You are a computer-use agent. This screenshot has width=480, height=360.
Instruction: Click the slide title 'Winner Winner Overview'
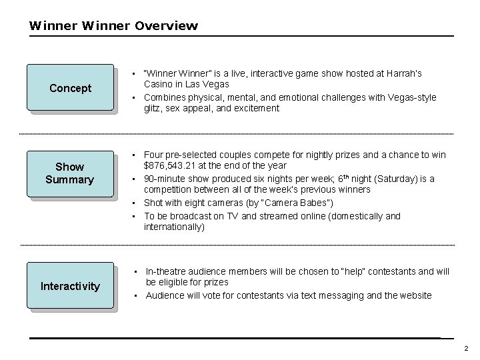click(113, 26)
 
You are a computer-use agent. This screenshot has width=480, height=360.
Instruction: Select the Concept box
click(70, 88)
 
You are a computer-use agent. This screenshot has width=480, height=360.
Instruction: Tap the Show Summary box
click(70, 173)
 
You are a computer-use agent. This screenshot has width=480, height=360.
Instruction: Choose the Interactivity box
click(70, 286)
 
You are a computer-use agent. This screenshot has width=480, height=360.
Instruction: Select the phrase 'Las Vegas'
click(208, 84)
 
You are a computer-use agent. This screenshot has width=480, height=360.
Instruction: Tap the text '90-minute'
click(165, 179)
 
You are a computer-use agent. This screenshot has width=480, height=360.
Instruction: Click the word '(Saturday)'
click(395, 179)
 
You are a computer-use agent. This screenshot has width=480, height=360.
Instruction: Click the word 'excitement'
click(257, 108)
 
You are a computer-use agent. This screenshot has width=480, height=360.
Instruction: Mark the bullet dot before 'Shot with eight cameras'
click(134, 203)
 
